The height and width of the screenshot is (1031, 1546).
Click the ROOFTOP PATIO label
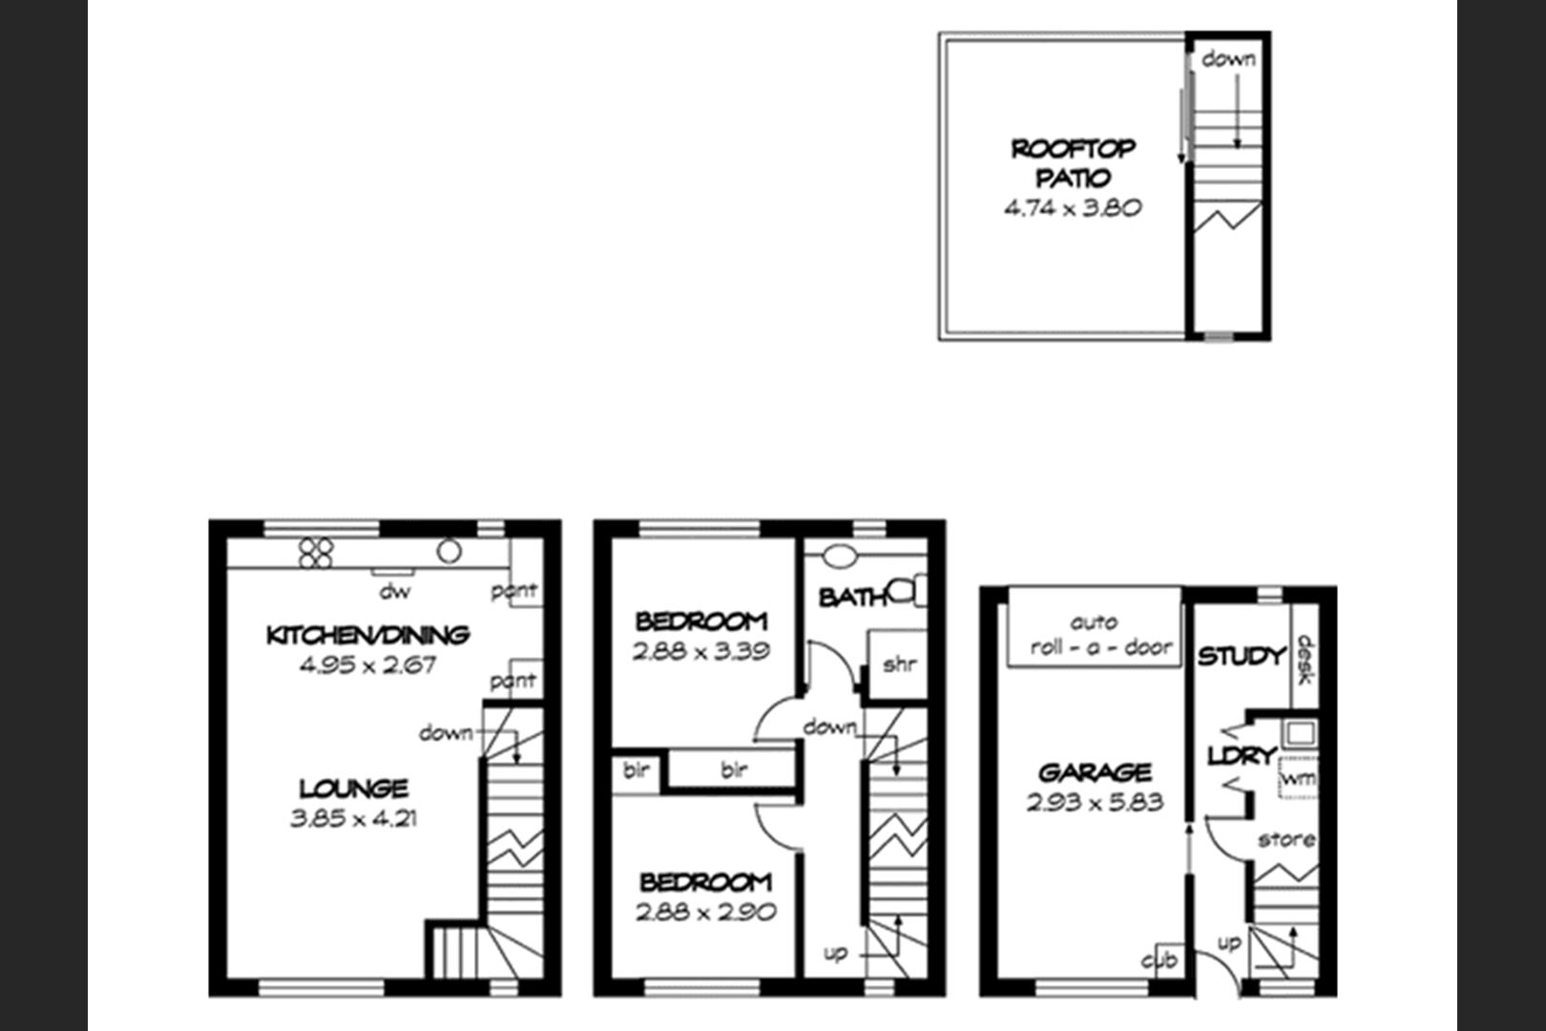pos(1074,163)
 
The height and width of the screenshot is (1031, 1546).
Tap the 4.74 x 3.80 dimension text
pos(1073,207)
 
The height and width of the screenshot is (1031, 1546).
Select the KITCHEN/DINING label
pos(367,635)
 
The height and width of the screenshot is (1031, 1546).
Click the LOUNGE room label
pos(353,788)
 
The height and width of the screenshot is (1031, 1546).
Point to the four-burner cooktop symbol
pos(316,553)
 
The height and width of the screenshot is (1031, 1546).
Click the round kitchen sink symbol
pos(449,551)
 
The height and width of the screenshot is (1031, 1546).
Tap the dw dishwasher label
pos(395,591)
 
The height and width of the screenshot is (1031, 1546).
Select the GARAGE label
pos(1095,771)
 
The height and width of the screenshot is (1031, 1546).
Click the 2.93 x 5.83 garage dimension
pos(1095,802)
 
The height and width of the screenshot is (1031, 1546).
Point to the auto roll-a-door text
pos(1100,635)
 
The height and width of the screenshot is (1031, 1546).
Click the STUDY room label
pos(1242,656)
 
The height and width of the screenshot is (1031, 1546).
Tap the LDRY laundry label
pos(1242,756)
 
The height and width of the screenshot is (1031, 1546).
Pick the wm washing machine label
pos(1298,778)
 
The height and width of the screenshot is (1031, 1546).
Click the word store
pos(1286,840)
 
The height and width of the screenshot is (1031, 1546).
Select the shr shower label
pos(899,664)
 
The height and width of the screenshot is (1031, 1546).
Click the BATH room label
pos(852,598)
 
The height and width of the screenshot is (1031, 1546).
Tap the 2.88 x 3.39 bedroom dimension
pos(700,651)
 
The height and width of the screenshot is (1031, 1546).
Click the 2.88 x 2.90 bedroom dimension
pos(705,912)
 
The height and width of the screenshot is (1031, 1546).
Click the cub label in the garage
pos(1159,960)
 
